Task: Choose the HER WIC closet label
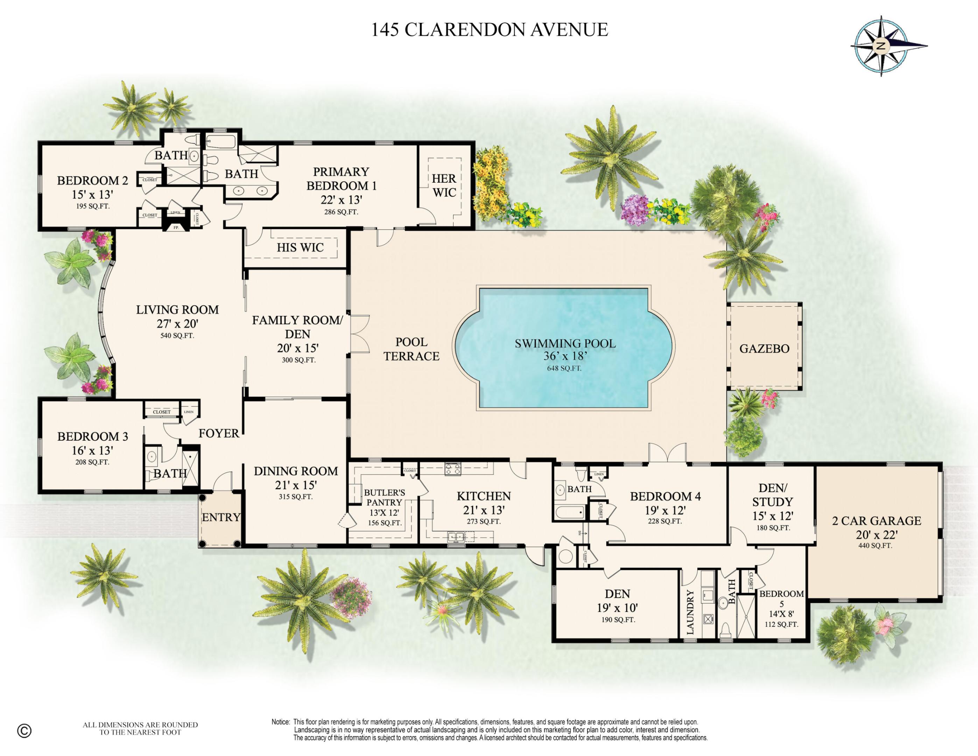444,185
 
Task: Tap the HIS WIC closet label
300,247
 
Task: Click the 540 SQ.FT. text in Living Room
177,335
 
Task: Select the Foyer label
219,433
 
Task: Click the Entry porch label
221,517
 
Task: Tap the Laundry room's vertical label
690,612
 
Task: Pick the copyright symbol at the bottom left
24,731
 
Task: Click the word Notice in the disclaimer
281,722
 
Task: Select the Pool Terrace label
411,349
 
